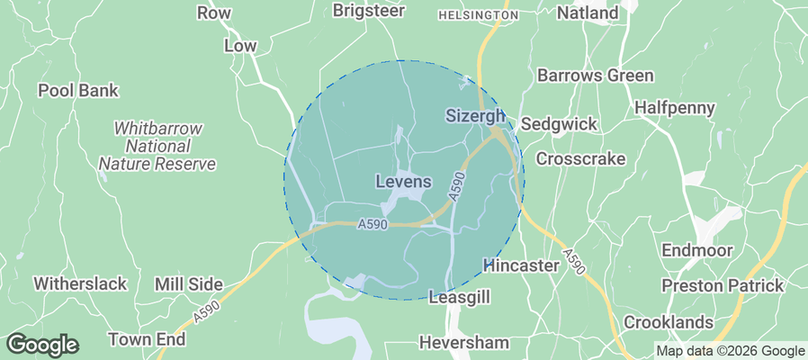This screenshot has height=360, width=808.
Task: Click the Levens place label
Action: pos(402,182)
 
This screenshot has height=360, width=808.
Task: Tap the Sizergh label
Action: pos(476,117)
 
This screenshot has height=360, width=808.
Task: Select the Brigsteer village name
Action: pos(369,11)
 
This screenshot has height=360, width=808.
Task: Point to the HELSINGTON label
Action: pos(478,15)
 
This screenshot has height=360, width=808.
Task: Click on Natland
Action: pos(588,13)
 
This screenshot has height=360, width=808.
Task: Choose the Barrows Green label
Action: pos(595,76)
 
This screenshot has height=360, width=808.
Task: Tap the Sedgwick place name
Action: pos(559,124)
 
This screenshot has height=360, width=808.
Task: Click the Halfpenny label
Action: pos(674,108)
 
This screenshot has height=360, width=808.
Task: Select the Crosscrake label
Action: pos(580,158)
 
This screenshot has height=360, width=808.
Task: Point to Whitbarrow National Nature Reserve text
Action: pos(157,146)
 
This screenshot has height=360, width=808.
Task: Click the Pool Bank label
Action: pos(77,91)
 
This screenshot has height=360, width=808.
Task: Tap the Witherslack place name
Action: pos(80,283)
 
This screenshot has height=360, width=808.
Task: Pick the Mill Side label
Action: pos(188,283)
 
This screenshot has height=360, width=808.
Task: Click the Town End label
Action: pos(147,339)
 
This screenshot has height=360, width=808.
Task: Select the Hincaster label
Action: pos(522,266)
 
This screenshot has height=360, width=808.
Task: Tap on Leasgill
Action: pos(459,296)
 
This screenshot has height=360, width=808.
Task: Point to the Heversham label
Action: pos(464,342)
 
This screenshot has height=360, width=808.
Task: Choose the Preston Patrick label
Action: pos(723,285)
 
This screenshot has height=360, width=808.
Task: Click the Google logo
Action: pos(41,344)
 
